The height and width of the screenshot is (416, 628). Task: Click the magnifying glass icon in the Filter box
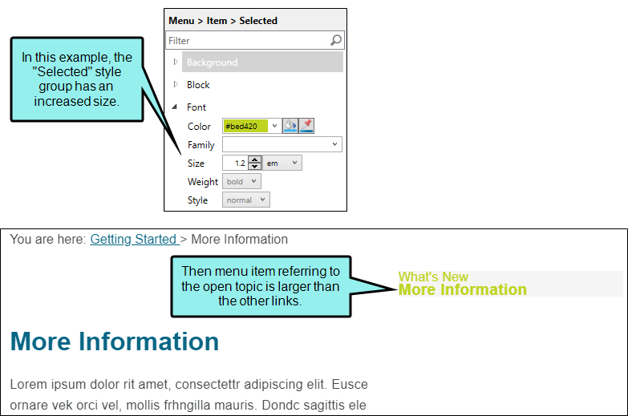click(336, 40)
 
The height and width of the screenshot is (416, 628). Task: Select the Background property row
click(262, 62)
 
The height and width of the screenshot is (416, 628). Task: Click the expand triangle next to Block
click(176, 84)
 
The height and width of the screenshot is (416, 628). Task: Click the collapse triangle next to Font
click(175, 107)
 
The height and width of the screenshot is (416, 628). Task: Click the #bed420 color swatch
click(245, 126)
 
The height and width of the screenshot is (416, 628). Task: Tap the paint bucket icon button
click(290, 126)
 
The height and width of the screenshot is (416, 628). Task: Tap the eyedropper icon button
click(306, 126)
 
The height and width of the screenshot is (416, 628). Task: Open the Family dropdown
click(282, 144)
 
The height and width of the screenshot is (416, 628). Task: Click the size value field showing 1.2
click(236, 163)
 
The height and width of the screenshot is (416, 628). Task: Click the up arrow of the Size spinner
click(255, 160)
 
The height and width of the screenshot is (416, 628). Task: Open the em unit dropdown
click(282, 163)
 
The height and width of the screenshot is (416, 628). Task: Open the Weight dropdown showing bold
click(241, 181)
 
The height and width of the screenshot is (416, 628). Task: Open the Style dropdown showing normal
click(246, 200)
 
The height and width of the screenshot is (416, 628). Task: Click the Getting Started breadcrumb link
click(133, 239)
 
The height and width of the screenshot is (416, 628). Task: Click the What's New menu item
click(433, 277)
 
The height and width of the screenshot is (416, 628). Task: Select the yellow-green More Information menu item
click(463, 289)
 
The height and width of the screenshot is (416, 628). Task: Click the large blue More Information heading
click(115, 341)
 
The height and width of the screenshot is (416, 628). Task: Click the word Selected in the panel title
click(258, 21)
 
